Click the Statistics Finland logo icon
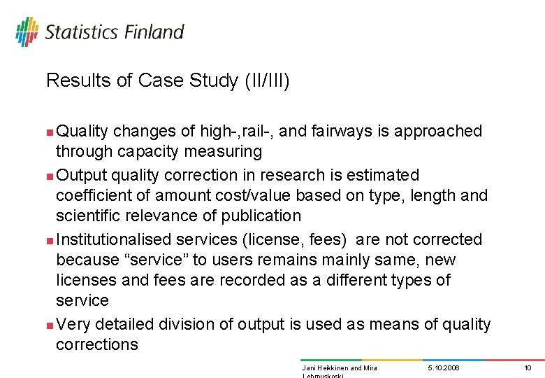click(x=27, y=32)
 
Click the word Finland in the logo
click(x=154, y=32)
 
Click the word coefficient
click(x=90, y=195)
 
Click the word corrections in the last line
click(x=96, y=344)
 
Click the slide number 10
click(x=528, y=367)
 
